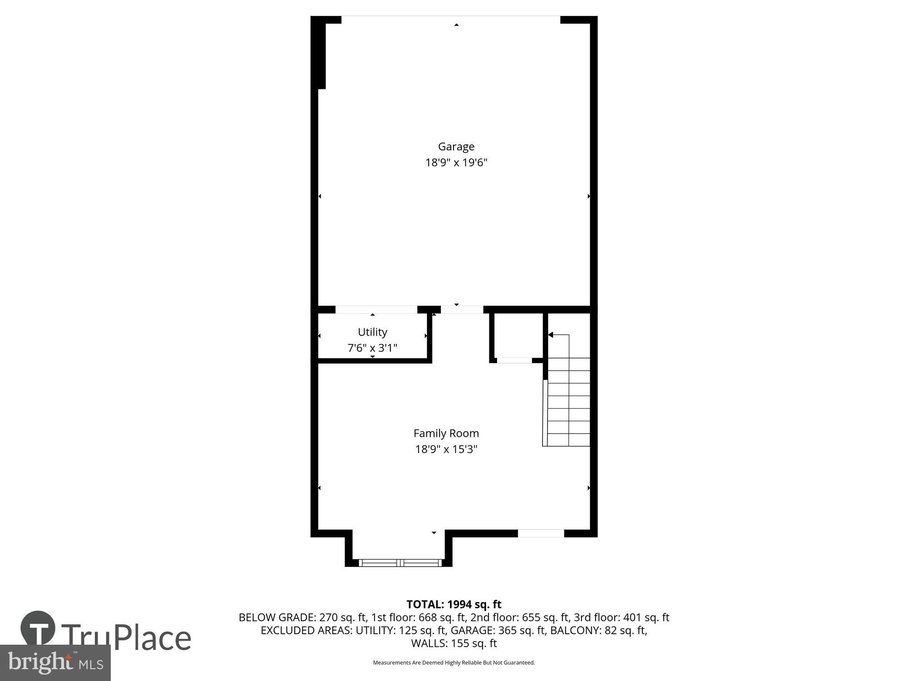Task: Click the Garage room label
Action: click(456, 147)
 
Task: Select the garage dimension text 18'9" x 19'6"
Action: click(456, 163)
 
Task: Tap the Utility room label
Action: click(372, 332)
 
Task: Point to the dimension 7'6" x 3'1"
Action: click(372, 348)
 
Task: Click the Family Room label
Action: click(446, 433)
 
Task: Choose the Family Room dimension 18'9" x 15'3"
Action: click(446, 449)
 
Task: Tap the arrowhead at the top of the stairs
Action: click(551, 335)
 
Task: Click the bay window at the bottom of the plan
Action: click(400, 563)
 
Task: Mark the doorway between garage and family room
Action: click(462, 310)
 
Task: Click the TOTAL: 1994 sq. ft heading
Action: click(454, 604)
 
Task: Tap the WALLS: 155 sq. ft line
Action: click(454, 643)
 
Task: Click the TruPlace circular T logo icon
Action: click(38, 628)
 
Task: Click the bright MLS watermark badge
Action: click(55, 663)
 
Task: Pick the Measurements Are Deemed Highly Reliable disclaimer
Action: click(454, 663)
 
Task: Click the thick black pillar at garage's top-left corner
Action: click(321, 54)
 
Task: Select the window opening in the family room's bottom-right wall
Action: click(541, 533)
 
